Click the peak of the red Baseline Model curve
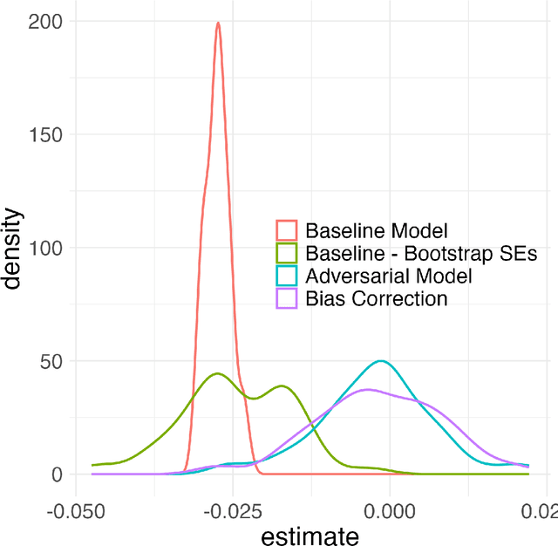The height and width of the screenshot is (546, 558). click(218, 24)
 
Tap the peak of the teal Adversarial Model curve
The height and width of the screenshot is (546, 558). click(381, 361)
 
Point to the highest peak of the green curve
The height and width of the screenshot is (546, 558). click(217, 373)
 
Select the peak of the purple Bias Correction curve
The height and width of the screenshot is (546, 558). click(367, 389)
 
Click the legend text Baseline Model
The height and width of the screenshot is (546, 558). click(376, 231)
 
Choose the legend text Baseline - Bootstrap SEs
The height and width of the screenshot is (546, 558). click(420, 254)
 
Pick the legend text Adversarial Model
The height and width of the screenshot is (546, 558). click(388, 276)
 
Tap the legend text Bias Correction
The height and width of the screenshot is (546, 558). click(376, 299)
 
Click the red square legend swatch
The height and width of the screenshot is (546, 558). click(287, 231)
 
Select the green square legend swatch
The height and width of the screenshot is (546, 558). click(287, 254)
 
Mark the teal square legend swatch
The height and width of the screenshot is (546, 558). click(287, 276)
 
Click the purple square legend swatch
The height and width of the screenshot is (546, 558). click(287, 299)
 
